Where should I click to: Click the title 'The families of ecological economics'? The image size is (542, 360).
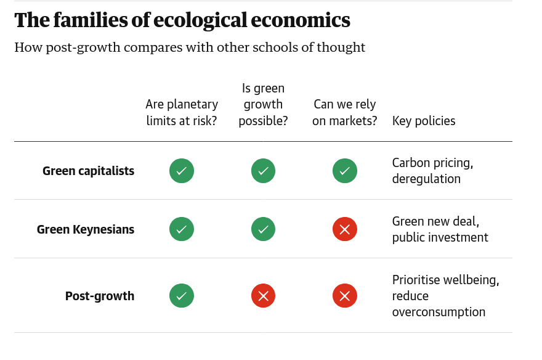click(182, 20)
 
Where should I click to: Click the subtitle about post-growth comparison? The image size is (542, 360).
click(190, 47)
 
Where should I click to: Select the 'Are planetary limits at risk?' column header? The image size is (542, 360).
click(182, 113)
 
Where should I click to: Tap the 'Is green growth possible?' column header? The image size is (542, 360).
click(263, 105)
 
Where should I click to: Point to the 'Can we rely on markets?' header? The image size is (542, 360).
click(344, 113)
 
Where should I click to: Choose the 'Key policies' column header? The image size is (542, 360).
click(424, 121)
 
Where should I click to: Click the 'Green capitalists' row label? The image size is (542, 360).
click(88, 171)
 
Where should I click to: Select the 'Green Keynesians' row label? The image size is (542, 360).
click(86, 230)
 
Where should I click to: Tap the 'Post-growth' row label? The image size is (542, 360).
click(100, 296)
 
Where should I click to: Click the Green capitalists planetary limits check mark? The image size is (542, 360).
click(182, 171)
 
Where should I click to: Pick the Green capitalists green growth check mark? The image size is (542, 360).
click(263, 171)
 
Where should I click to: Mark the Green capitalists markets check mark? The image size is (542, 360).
click(345, 171)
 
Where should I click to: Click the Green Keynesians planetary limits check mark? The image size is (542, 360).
click(182, 229)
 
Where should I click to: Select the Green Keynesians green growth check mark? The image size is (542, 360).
click(263, 229)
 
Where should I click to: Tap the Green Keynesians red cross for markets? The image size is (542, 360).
click(345, 229)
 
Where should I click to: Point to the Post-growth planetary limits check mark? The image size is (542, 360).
click(182, 296)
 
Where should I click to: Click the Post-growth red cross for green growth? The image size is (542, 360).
click(263, 296)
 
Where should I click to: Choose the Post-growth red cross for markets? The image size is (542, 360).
click(345, 296)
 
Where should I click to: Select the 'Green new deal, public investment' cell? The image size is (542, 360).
click(440, 229)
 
